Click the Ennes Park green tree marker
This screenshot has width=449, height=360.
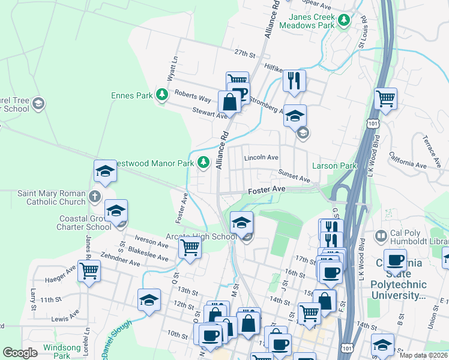[x=161, y=95]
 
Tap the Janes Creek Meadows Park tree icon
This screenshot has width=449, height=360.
[x=344, y=21]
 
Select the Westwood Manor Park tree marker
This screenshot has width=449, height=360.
[x=203, y=162]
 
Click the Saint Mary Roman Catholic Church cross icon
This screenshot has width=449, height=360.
[x=94, y=196]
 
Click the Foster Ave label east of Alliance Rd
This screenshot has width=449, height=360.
[x=267, y=189]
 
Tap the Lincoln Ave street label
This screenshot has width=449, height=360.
[x=261, y=158]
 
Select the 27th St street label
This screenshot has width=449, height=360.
[x=245, y=53]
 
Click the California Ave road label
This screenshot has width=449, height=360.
[x=408, y=160]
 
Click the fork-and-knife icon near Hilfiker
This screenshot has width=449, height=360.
[x=294, y=81]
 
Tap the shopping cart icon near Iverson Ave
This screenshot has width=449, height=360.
[x=190, y=246]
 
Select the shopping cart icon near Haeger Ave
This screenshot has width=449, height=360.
[x=89, y=271]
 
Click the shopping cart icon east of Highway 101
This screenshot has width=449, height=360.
[x=385, y=98]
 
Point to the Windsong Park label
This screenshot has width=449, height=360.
[x=62, y=352]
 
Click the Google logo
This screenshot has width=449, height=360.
[x=20, y=353]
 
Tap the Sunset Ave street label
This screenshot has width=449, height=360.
[x=294, y=175]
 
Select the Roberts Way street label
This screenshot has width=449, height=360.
[x=193, y=97]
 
